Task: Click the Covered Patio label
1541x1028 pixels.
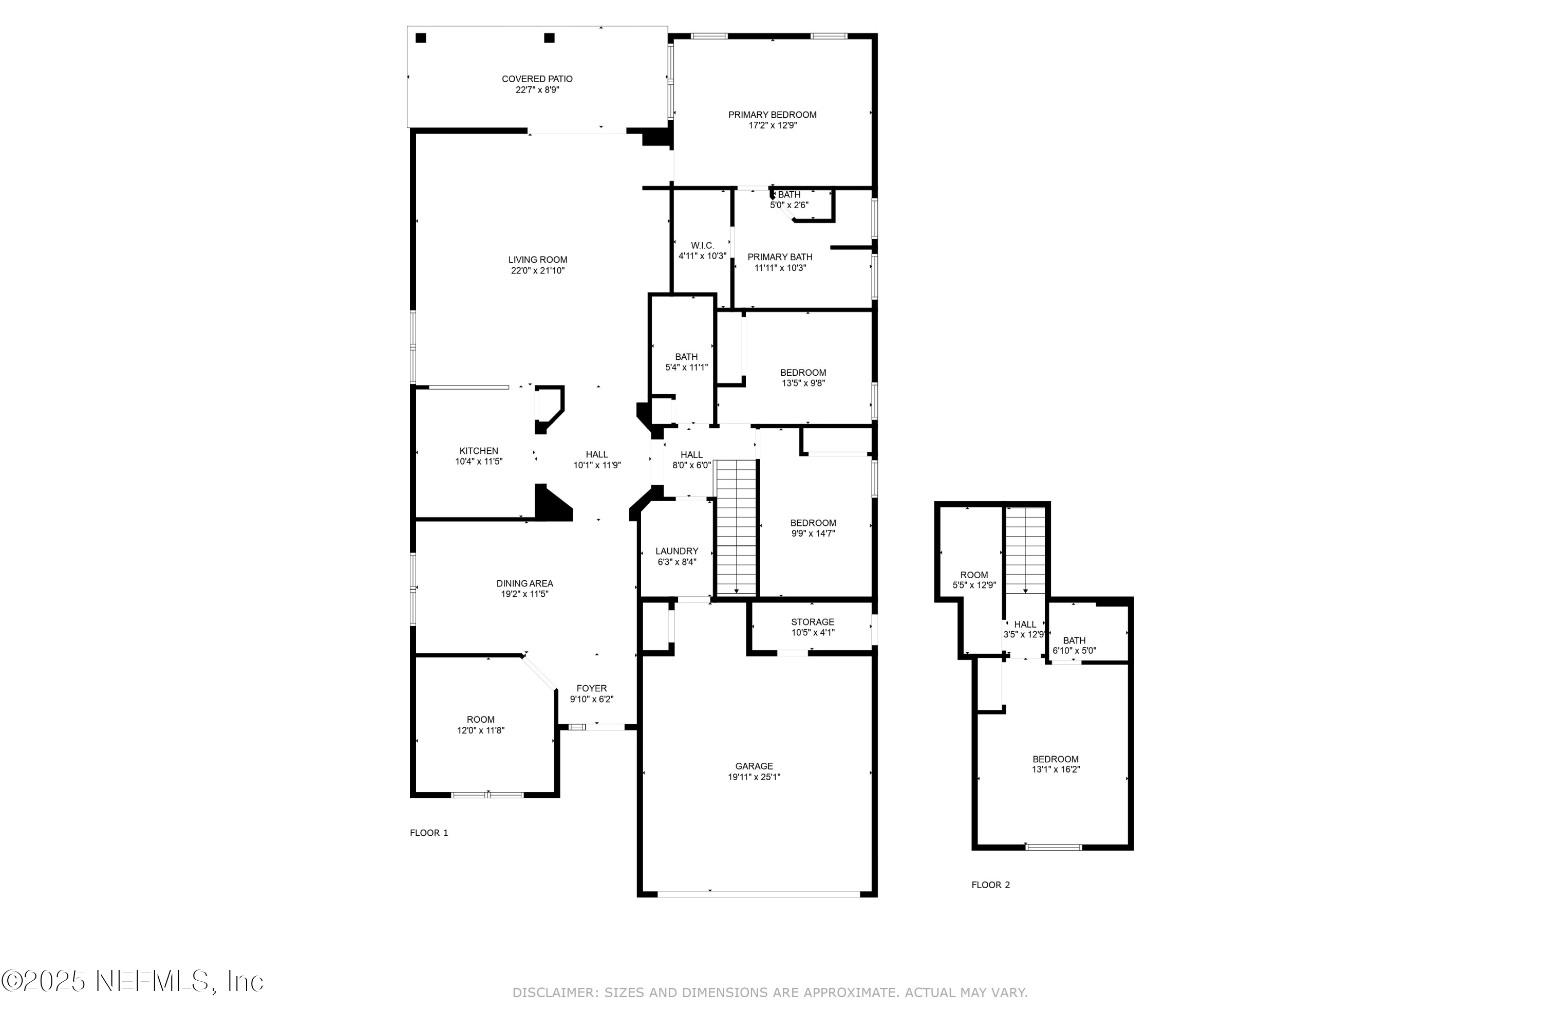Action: click(x=537, y=79)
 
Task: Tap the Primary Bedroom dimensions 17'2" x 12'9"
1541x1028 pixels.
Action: click(x=773, y=125)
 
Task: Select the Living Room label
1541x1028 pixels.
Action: click(x=537, y=260)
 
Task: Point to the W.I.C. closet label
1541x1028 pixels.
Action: click(x=702, y=245)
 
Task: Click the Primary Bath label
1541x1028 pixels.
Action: click(x=780, y=257)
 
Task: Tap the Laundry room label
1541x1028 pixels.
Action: click(x=677, y=550)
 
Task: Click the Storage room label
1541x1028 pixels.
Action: click(x=813, y=621)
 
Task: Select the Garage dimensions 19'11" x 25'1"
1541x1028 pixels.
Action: click(x=754, y=777)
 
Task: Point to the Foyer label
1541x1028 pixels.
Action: click(x=592, y=688)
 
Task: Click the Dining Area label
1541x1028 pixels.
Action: click(x=524, y=583)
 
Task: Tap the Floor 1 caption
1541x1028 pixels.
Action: click(x=428, y=833)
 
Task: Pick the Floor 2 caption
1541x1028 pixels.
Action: click(x=991, y=885)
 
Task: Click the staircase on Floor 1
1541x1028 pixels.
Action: click(x=737, y=528)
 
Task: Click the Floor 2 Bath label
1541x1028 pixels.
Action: click(x=1074, y=640)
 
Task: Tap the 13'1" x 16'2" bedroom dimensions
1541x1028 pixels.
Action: click(x=1056, y=769)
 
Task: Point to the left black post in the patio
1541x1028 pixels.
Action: click(x=421, y=38)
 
